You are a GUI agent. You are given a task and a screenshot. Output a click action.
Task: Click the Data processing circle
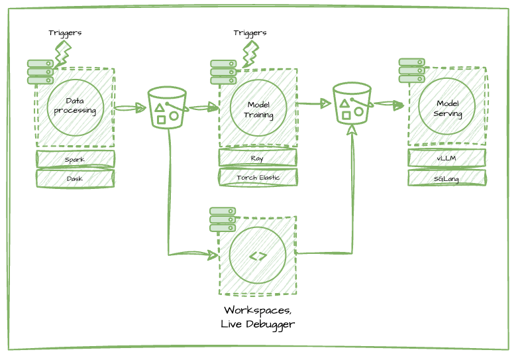coord(75,107)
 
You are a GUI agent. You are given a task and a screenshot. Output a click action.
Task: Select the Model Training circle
coord(258,108)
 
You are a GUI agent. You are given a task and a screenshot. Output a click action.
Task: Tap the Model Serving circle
coord(446,107)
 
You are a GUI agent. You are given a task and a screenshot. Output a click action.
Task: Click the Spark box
coord(75,159)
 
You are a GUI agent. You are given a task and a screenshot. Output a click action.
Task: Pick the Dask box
coord(75,178)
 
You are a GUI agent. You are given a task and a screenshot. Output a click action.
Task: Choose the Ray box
coord(258,158)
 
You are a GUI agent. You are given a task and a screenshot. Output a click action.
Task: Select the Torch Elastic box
coord(258,178)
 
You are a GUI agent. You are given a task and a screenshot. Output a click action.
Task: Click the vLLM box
coord(446,158)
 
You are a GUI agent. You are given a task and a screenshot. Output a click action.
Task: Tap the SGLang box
coord(446,178)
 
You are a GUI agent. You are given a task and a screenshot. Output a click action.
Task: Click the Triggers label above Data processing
coord(65,32)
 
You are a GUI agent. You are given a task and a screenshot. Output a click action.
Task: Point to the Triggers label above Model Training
coord(250,32)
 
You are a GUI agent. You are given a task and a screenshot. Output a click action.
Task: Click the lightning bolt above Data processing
coord(62,54)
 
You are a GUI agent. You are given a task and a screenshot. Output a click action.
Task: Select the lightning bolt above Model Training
coord(250,54)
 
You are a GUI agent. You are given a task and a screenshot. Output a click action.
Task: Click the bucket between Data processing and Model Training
coord(167,107)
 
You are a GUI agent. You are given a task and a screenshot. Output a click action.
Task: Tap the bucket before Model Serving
coord(351,103)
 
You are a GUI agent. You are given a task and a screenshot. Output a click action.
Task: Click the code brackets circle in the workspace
coord(258,256)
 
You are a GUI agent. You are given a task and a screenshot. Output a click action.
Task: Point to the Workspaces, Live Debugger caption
coord(258,317)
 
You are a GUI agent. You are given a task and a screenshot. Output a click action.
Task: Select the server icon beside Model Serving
coord(411,70)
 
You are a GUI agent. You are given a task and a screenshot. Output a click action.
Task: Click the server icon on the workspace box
coord(223,219)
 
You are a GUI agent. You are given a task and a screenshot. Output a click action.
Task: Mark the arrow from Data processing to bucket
coord(130,107)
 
